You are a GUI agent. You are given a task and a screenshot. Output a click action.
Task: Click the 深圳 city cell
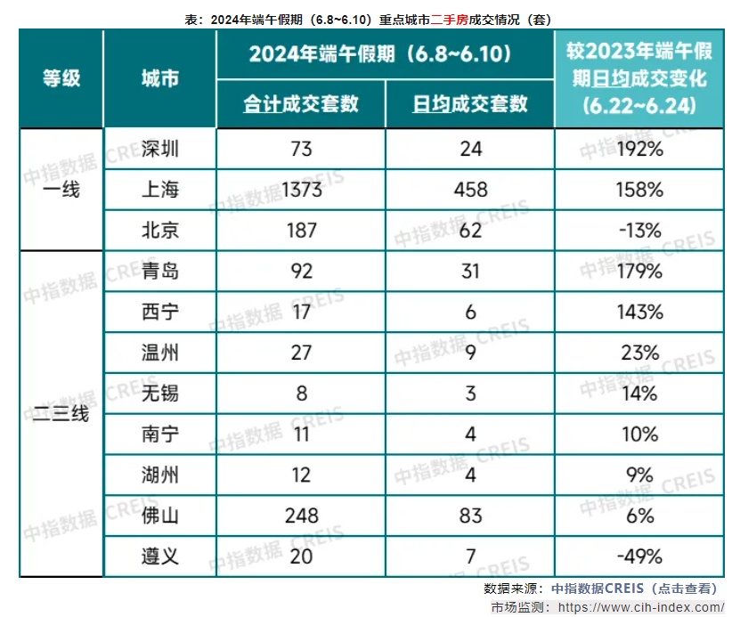point(160,149)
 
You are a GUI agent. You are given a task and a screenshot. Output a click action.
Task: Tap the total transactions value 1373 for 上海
point(302,189)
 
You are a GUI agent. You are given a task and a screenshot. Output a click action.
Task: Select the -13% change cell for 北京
point(640,230)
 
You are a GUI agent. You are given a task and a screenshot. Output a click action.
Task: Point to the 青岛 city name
point(160,271)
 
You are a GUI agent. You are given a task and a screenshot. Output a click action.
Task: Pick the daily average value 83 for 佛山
point(469,516)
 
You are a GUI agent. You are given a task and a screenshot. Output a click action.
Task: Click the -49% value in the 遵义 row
point(640,556)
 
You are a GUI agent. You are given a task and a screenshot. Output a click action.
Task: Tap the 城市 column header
point(160,78)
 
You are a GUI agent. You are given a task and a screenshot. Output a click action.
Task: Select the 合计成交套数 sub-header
point(301,103)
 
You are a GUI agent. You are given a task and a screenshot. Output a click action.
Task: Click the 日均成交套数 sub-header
point(469,103)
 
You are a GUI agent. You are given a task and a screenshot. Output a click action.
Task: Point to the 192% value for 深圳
point(640,149)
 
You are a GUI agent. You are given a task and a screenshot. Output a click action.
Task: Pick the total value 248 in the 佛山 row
point(302,516)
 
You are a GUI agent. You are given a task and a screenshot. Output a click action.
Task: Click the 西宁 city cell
point(160,312)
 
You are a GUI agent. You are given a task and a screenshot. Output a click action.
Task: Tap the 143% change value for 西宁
point(640,312)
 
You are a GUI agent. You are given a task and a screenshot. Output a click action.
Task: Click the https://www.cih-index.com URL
point(635,607)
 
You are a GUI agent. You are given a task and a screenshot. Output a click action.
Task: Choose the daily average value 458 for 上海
point(469,189)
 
